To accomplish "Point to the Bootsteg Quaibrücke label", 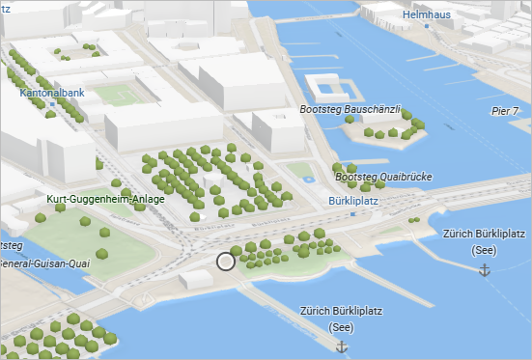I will (382, 177).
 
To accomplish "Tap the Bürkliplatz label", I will (351, 202).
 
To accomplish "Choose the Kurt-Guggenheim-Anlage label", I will (105, 199).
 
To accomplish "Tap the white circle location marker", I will (226, 261).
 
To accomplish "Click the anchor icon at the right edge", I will (485, 272).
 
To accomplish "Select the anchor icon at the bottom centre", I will (340, 346).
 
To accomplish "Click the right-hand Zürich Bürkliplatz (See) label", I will (483, 241).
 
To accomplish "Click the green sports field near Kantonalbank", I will (117, 96).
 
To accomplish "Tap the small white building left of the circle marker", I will (196, 279).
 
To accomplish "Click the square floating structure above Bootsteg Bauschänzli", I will (327, 88).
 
